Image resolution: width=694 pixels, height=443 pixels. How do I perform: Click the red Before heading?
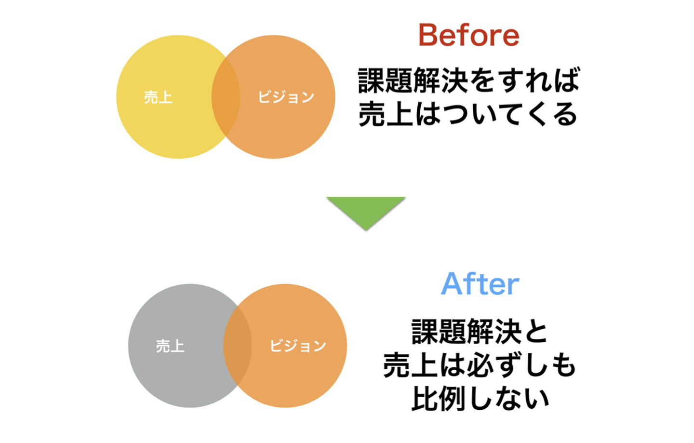point(468,35)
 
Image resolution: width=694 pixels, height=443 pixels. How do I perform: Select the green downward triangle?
point(366,210)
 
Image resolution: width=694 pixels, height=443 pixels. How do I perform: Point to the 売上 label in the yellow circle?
point(158,97)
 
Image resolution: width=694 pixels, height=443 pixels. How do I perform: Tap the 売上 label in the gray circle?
point(170,346)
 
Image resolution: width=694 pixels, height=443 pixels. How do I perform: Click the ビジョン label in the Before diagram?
point(286,97)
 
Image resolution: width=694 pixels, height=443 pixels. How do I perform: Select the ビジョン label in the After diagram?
point(297,346)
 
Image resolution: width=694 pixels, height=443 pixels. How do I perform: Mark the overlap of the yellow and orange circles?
point(226,97)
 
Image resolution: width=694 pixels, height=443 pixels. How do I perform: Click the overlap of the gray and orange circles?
point(238,346)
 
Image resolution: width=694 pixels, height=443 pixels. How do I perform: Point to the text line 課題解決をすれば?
point(468,80)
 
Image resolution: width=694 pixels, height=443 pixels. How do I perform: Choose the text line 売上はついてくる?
point(468,114)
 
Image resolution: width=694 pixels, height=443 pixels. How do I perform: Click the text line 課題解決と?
point(480,332)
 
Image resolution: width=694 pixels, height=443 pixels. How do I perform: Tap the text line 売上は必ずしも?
point(480,365)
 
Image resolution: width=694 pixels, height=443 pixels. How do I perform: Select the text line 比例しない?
point(480,399)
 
